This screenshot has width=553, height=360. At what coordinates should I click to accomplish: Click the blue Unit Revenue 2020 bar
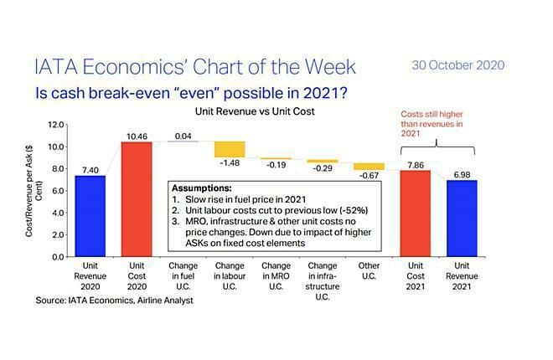click(90, 216)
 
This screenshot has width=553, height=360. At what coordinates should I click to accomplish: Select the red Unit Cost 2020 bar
click(137, 199)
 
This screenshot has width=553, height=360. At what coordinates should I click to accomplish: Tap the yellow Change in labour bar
click(230, 149)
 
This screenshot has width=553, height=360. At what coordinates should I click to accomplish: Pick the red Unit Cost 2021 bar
click(416, 213)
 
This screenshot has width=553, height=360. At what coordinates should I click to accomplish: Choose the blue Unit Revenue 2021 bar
click(462, 219)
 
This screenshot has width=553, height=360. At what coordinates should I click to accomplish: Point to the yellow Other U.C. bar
click(369, 167)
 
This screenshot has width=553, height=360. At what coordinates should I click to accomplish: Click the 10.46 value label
click(137, 136)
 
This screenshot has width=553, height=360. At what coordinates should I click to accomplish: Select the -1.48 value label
click(230, 163)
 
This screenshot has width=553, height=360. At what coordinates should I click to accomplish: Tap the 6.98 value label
click(462, 175)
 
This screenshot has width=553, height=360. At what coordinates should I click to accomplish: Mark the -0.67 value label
click(369, 176)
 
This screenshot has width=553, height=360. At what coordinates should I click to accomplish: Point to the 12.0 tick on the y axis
click(56, 125)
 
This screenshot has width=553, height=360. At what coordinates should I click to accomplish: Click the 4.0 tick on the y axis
click(58, 213)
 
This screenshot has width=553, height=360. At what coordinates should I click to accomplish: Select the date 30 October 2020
click(458, 65)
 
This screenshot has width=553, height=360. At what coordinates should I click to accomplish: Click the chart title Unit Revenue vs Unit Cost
click(255, 111)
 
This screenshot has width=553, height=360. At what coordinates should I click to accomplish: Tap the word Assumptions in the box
click(202, 188)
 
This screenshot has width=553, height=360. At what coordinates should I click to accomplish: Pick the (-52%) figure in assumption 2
click(354, 211)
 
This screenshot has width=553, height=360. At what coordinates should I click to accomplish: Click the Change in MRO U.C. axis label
click(276, 276)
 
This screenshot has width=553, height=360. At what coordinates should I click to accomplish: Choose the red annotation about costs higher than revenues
click(432, 124)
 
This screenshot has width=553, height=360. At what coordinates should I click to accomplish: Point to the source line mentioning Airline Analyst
click(114, 301)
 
